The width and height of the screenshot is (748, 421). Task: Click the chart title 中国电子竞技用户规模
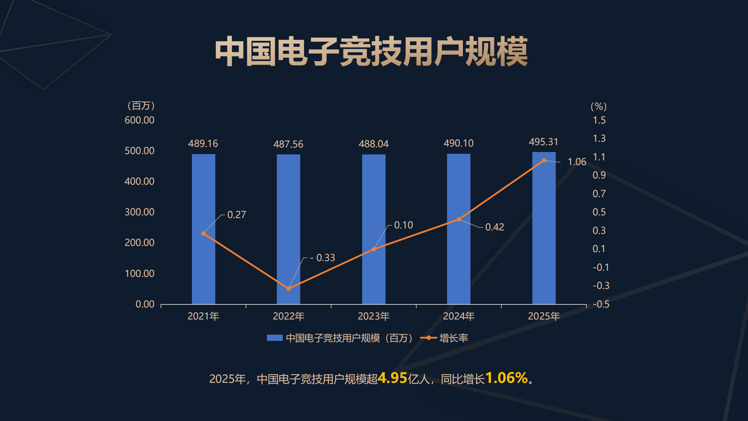tap(371, 52)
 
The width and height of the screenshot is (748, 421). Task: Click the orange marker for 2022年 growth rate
tap(289, 289)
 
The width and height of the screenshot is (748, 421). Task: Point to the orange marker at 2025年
tap(544, 160)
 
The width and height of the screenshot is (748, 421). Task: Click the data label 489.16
tap(203, 143)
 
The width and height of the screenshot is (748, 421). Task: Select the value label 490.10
tap(458, 143)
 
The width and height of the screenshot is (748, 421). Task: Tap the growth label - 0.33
tap(322, 258)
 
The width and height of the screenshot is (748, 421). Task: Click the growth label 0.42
tap(495, 227)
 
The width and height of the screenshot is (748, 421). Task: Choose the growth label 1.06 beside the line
tap(577, 162)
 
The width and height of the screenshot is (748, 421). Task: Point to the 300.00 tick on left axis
tap(139, 212)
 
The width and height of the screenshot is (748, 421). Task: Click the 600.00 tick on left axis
tap(139, 120)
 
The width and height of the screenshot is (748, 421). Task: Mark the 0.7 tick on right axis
tap(599, 194)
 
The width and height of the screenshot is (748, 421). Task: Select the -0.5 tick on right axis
tap(601, 304)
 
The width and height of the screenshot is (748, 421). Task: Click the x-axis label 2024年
tap(458, 316)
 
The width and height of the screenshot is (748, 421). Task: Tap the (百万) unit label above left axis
tap(141, 106)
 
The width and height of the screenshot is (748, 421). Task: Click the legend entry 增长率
tap(453, 338)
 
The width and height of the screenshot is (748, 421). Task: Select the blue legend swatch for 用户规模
tap(274, 338)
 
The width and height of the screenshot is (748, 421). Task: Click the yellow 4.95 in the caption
tap(392, 378)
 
